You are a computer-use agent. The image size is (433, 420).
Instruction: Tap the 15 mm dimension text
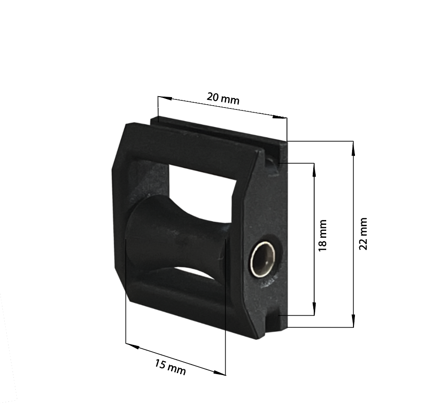170,367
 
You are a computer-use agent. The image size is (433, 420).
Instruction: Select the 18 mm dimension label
322,235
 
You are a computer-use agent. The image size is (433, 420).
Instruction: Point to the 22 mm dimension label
363,233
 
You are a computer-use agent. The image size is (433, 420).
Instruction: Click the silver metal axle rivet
263,259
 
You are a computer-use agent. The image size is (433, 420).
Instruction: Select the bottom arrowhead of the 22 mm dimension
353,321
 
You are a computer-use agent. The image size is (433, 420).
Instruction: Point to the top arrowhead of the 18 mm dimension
314,170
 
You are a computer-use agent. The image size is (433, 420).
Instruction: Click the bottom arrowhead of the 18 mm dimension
314,309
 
